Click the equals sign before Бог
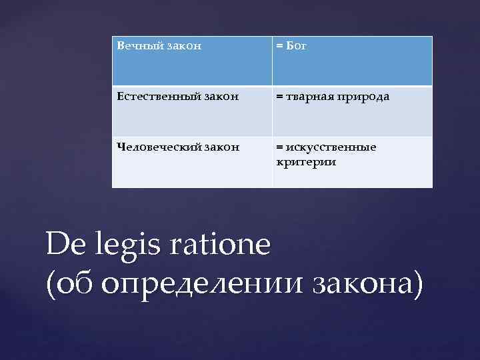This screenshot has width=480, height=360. pyautogui.click(x=279, y=47)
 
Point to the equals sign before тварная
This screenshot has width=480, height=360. pyautogui.click(x=279, y=97)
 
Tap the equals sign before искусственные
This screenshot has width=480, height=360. pyautogui.click(x=279, y=147)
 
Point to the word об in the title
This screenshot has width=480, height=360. pyautogui.click(x=76, y=283)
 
